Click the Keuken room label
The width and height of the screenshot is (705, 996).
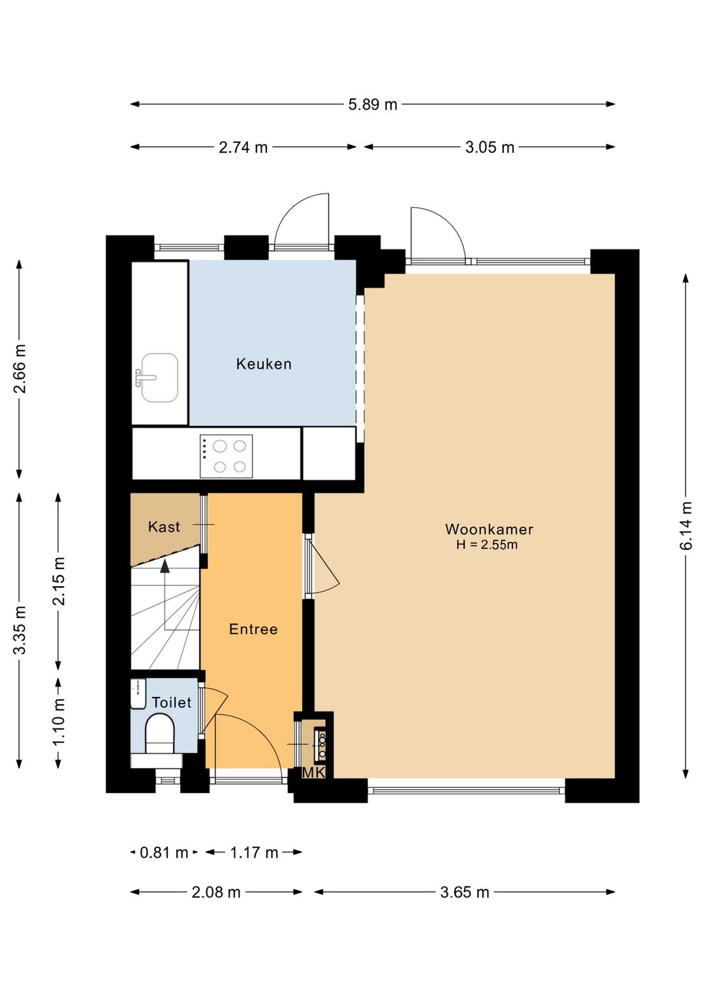pos(264,364)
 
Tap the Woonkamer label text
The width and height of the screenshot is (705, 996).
pos(489,529)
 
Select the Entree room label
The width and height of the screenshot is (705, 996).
pos(253,629)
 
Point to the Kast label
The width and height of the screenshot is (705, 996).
pos(164,527)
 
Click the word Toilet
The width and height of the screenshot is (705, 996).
pos(171,702)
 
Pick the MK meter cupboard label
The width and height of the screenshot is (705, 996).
pos(313,773)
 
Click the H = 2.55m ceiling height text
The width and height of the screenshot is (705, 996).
pos(486,545)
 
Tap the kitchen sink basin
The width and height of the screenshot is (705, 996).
pos(159,377)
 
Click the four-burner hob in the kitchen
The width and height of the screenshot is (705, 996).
pos(226,456)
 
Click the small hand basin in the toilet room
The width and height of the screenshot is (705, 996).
pos(139,694)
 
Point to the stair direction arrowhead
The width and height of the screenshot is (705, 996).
pos(164,566)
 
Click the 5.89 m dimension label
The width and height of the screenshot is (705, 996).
pos(372,104)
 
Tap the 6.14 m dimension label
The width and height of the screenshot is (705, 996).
pos(685,525)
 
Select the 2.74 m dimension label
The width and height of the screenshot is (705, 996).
pos(243,147)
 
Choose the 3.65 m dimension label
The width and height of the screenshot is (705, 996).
pos(464,892)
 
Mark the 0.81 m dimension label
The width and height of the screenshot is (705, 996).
pos(164,852)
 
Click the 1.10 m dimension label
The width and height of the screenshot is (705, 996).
pos(58,722)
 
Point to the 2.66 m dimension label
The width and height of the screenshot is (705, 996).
pos(19,369)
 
